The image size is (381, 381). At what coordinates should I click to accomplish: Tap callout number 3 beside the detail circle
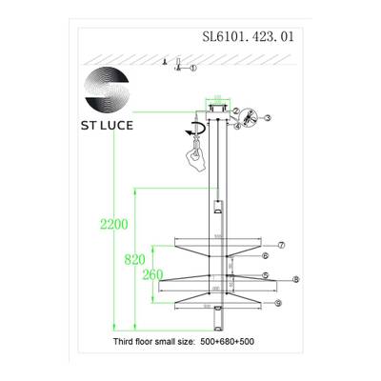pos(268,118)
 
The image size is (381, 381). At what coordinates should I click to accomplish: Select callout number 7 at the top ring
pos(282,245)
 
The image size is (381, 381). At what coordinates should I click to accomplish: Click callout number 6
pos(267,256)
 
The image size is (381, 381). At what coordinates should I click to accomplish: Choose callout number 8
pos(296,280)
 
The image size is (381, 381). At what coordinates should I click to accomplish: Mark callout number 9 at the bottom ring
pos(278,303)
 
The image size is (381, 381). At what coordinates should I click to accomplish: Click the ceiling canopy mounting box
pos(216,108)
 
